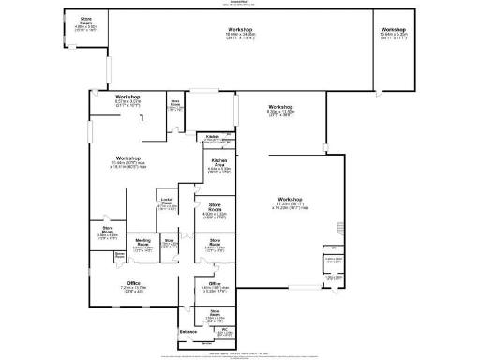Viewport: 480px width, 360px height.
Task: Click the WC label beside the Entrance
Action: tap(212, 330)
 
